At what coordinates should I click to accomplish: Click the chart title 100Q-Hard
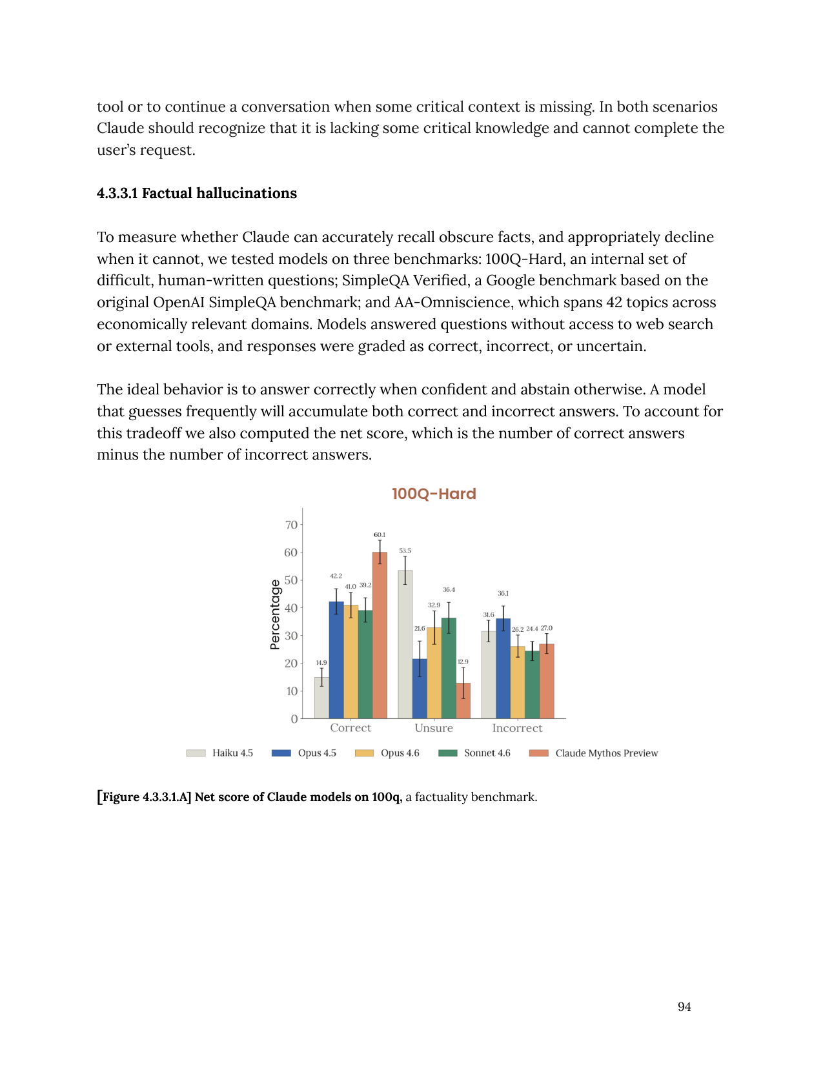tap(434, 494)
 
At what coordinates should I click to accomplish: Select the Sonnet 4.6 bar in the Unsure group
tap(449, 668)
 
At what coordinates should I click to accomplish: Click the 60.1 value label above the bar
tap(380, 534)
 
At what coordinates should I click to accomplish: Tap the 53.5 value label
tap(405, 551)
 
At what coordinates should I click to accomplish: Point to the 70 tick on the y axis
tap(291, 525)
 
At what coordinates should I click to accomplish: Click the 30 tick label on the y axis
tap(291, 636)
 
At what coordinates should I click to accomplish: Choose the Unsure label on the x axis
tap(434, 728)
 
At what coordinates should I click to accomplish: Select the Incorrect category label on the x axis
tap(517, 728)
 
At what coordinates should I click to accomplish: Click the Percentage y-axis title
tap(276, 614)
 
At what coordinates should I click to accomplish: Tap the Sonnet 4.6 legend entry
tap(487, 753)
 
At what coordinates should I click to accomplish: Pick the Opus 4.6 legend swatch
tap(365, 753)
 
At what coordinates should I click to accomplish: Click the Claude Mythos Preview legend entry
tap(606, 753)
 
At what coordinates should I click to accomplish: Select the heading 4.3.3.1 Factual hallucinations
tap(197, 194)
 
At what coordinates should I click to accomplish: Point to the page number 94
tap(684, 1007)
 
